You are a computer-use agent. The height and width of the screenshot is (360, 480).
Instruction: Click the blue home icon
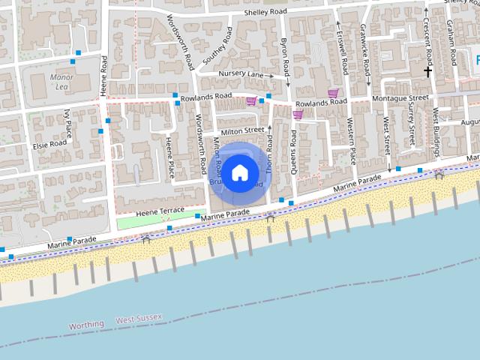(x=239, y=173)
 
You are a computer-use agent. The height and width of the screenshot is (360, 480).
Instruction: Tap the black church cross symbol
(x=427, y=72)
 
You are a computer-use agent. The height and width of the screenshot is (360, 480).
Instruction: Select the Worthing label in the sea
(x=86, y=325)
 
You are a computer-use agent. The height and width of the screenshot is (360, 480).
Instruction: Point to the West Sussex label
(x=139, y=319)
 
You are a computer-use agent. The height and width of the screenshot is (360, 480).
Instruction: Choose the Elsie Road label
(x=48, y=142)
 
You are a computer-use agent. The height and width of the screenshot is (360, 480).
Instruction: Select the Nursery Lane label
(x=241, y=74)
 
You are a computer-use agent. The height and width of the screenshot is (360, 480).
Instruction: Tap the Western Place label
(x=350, y=142)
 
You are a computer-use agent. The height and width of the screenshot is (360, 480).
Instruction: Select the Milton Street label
(x=242, y=130)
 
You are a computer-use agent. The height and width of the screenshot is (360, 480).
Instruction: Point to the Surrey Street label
(x=411, y=127)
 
